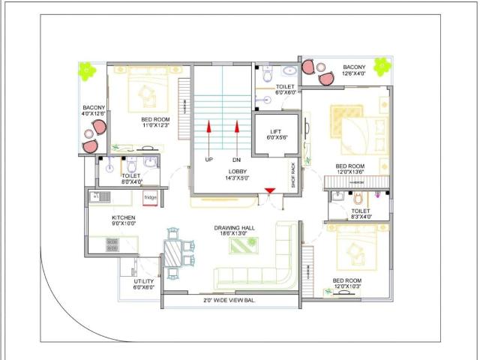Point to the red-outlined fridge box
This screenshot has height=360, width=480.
[x=151, y=198]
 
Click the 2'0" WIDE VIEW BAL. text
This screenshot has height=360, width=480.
[x=229, y=300]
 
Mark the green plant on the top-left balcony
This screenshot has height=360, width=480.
[x=87, y=70]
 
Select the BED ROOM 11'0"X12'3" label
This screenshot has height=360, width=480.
[x=155, y=122]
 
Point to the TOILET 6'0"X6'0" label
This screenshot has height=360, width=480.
[x=286, y=88]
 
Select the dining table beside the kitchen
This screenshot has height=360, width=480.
[x=173, y=252]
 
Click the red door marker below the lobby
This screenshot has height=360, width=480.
[x=267, y=197]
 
